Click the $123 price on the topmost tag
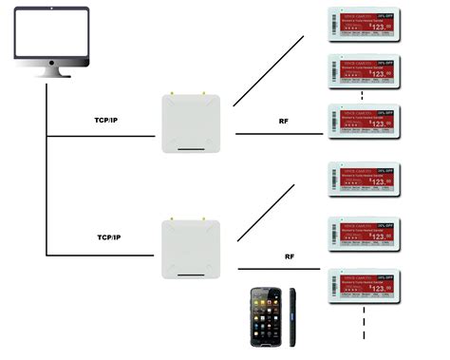pos(379,28)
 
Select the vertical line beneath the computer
pos(46,171)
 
